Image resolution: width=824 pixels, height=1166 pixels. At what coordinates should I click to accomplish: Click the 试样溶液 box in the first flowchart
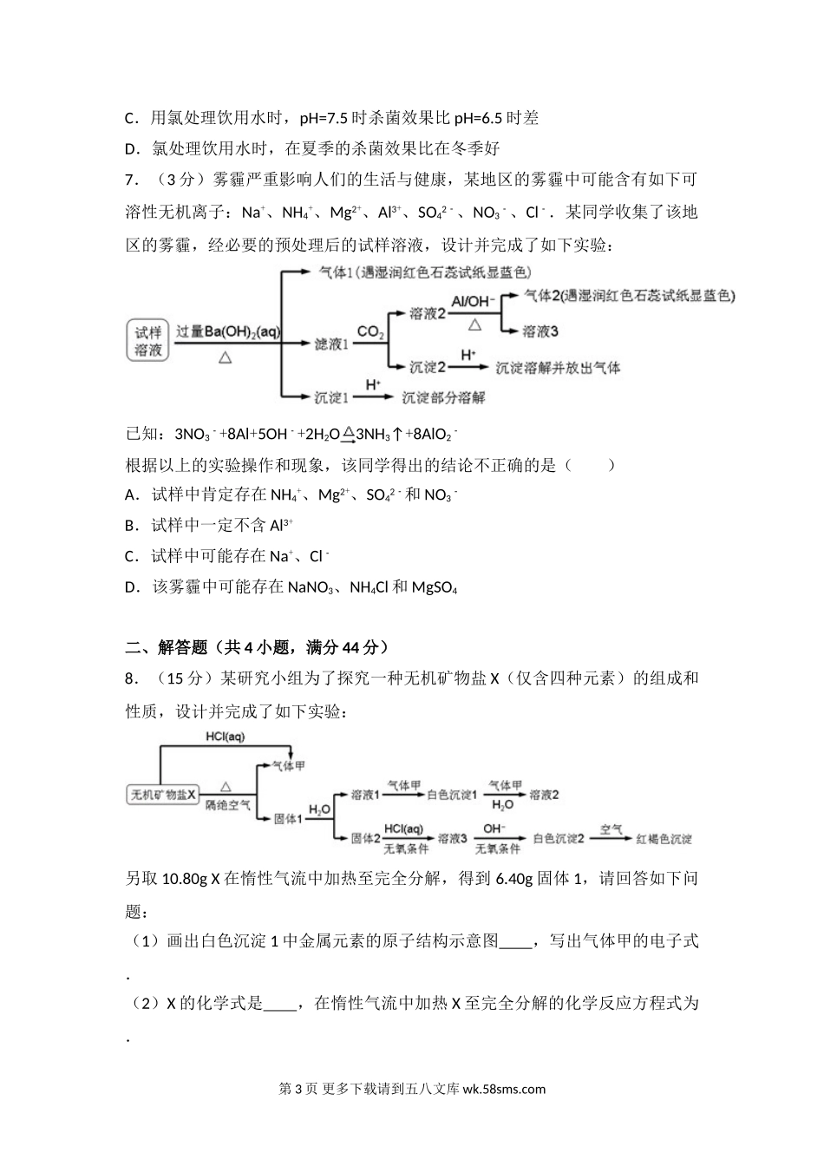click(x=148, y=341)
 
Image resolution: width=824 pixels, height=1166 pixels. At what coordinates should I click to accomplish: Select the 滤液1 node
click(x=330, y=344)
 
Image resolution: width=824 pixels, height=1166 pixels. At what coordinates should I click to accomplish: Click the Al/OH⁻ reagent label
click(x=473, y=300)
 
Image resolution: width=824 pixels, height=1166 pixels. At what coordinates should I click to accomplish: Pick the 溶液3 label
click(x=540, y=331)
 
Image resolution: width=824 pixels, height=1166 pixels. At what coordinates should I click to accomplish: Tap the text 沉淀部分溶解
click(x=442, y=397)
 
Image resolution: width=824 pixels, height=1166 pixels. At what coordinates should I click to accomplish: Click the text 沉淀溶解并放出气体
click(x=559, y=367)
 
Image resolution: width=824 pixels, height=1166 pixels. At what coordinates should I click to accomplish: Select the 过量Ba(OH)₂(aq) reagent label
click(x=227, y=331)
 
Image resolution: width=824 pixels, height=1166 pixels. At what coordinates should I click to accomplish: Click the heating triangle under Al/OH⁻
click(x=474, y=324)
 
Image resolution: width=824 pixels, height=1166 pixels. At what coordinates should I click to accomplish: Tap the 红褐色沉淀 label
click(x=664, y=839)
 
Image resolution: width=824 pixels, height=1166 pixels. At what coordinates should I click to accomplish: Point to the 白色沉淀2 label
click(x=559, y=839)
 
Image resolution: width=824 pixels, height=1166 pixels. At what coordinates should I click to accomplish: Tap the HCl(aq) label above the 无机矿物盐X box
click(x=226, y=737)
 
